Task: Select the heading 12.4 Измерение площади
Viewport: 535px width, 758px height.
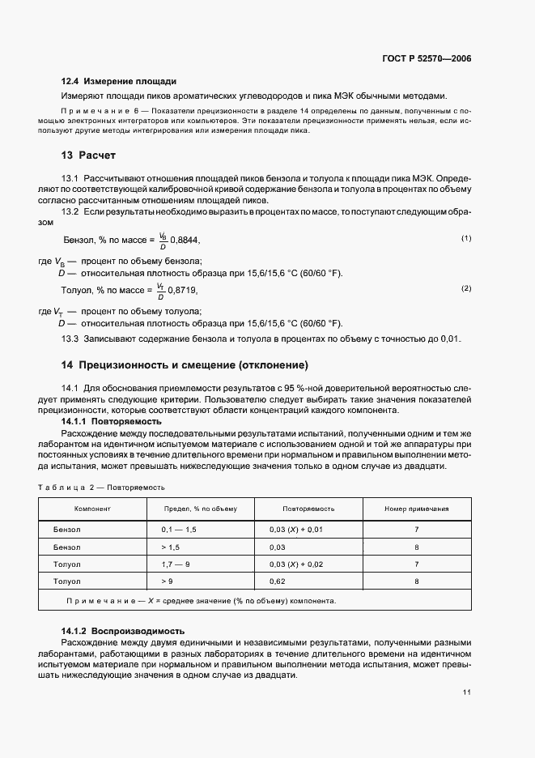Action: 119,82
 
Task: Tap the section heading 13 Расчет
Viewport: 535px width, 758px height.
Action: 90,155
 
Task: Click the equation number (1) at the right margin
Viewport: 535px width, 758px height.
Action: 466,238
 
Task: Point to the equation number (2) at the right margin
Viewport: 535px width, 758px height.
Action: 466,288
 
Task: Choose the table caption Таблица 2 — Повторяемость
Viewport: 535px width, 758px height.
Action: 102,488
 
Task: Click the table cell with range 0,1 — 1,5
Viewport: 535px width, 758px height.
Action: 179,529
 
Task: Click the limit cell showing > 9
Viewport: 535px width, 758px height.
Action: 167,581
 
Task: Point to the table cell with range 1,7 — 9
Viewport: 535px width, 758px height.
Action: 176,564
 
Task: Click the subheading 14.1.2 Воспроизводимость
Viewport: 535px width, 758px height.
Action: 123,630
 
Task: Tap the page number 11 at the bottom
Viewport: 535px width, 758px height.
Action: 467,692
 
